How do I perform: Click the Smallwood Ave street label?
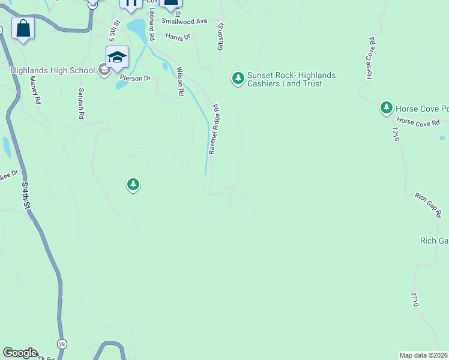coord(184,21)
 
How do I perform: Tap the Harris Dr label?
coord(178,37)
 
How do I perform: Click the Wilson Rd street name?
coord(179,81)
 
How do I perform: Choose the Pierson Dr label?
coord(134,78)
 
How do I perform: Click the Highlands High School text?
coord(53,70)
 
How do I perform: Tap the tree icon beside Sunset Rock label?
coord(238,78)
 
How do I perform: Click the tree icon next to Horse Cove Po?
coord(387,108)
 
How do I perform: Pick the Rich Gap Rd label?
coord(429,205)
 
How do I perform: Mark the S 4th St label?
coord(26,196)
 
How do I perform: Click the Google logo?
coord(20,353)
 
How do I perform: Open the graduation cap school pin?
coord(117,57)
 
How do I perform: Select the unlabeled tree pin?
coord(133,184)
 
